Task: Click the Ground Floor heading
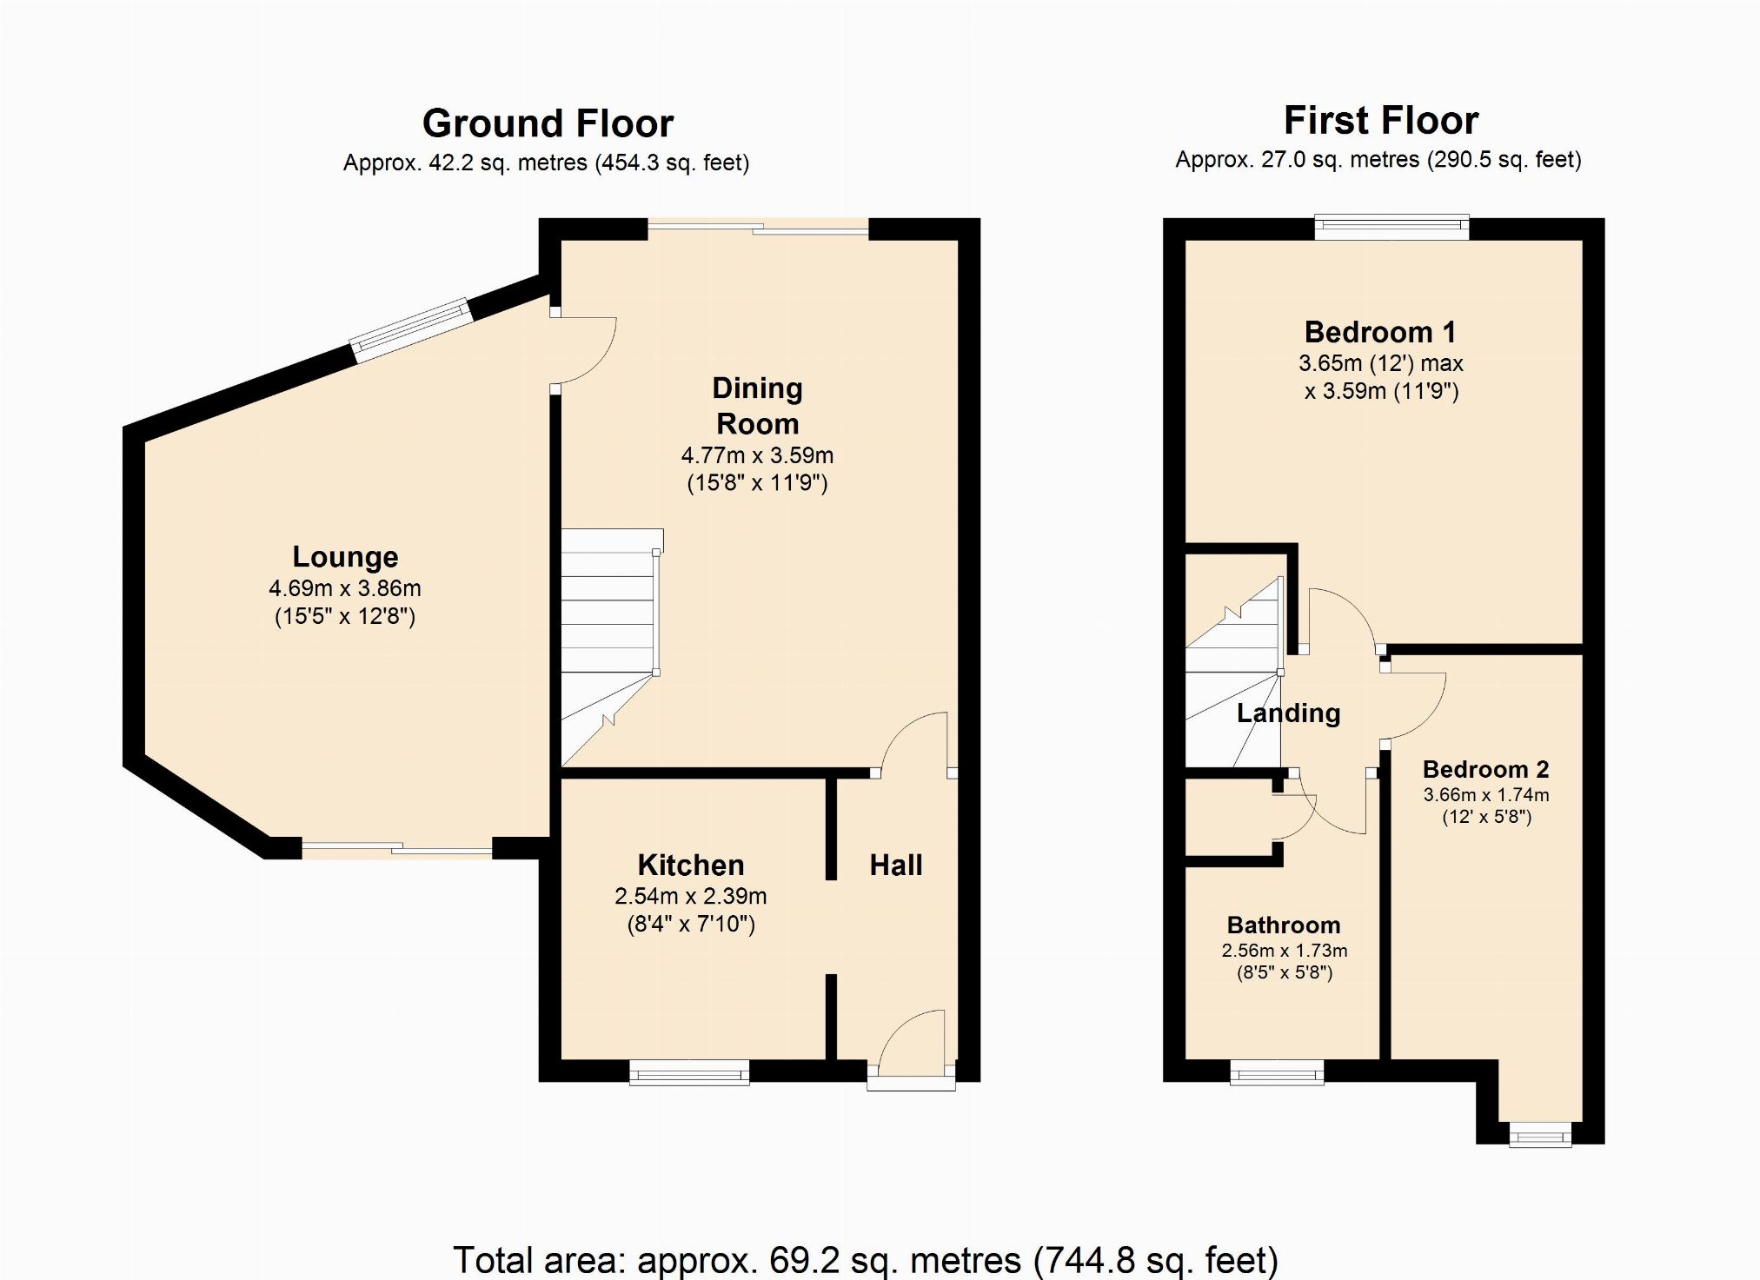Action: (548, 123)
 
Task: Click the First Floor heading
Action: (1381, 120)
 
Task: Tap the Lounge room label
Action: (345, 556)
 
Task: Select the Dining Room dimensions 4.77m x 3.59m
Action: (757, 454)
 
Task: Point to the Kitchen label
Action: (691, 865)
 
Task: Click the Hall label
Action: (896, 865)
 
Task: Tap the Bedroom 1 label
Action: (1380, 332)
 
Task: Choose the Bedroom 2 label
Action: (1486, 769)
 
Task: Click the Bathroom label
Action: (1284, 925)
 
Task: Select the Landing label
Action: (1288, 713)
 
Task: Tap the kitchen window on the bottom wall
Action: (689, 1072)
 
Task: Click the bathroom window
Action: (1278, 1072)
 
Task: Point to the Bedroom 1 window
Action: (1391, 228)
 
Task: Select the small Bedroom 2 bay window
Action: (1540, 1134)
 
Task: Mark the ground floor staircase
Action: (611, 647)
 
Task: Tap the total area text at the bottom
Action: (866, 1259)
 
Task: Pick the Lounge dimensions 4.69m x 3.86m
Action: (345, 588)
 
